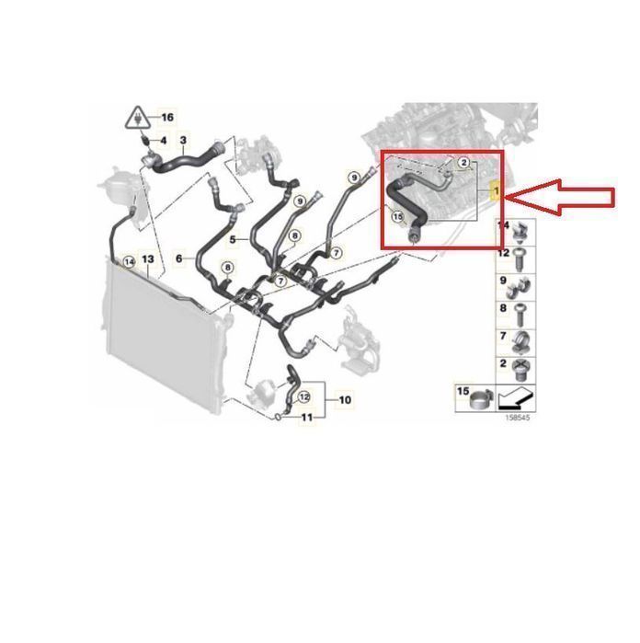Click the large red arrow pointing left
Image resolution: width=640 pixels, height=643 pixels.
[x=561, y=197]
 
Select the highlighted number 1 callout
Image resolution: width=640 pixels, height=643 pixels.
[x=497, y=191]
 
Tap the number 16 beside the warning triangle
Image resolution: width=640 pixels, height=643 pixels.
[x=167, y=118]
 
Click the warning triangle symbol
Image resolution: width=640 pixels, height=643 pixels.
[x=140, y=118]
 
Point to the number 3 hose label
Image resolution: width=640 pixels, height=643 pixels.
[x=183, y=140]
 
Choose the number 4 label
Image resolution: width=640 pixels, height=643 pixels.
[x=163, y=141]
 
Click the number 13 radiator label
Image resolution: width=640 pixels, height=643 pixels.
[x=148, y=259]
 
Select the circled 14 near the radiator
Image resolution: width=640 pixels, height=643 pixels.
[x=129, y=261]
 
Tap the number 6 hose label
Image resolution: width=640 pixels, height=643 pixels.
[x=178, y=258]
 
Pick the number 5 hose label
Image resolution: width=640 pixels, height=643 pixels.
[x=233, y=239]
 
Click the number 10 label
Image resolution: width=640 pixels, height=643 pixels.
[x=345, y=400]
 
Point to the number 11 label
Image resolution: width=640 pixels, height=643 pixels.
[x=307, y=418]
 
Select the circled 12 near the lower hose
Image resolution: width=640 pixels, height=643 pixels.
[x=303, y=397]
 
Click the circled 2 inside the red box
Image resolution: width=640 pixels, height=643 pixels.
[x=463, y=163]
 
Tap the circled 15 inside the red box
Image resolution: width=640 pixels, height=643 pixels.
[x=397, y=216]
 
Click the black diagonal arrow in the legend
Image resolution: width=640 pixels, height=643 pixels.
[x=516, y=398]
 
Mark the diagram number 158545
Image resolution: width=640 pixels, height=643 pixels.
[x=517, y=418]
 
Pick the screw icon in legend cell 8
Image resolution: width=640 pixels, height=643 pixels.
[x=520, y=315]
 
